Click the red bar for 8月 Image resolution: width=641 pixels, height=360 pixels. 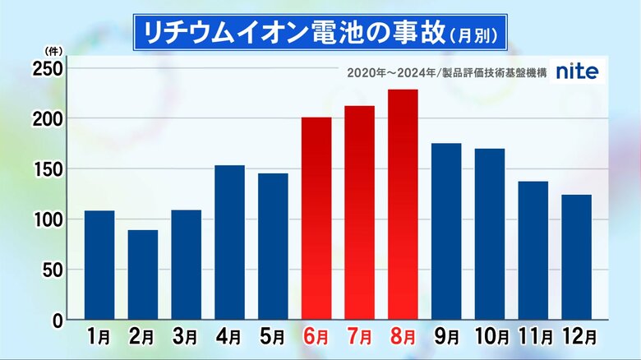(x=403, y=205)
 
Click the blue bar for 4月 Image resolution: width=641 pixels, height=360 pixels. (x=229, y=242)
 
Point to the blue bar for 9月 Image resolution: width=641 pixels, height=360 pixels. (x=446, y=232)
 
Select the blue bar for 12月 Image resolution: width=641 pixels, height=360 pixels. (x=576, y=257)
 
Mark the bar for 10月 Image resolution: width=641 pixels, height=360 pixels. (x=490, y=234)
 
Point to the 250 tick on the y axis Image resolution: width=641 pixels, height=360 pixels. (x=47, y=70)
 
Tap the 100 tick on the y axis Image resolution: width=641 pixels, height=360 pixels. (x=47, y=220)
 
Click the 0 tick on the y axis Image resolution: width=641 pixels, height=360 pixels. (x=57, y=320)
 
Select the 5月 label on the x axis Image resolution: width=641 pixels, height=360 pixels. (x=273, y=337)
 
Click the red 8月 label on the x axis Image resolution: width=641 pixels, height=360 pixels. (x=403, y=337)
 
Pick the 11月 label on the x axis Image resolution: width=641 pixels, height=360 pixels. (x=533, y=337)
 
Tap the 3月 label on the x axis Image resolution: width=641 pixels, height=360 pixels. (x=186, y=337)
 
